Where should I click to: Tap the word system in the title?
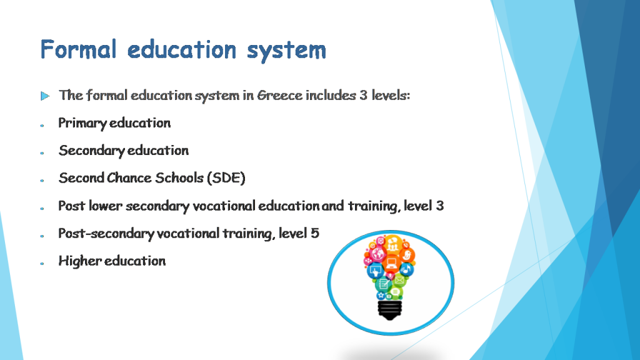(x=286, y=50)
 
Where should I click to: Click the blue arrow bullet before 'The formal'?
(x=45, y=96)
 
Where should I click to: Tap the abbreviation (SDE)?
(x=226, y=178)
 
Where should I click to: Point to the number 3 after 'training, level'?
(x=440, y=206)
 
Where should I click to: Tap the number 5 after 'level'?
(x=315, y=233)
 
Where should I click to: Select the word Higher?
(x=80, y=261)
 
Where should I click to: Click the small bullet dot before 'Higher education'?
(x=42, y=264)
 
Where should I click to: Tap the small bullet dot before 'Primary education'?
(x=42, y=126)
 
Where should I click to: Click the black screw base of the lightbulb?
(x=390, y=308)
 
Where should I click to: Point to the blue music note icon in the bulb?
(x=406, y=269)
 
